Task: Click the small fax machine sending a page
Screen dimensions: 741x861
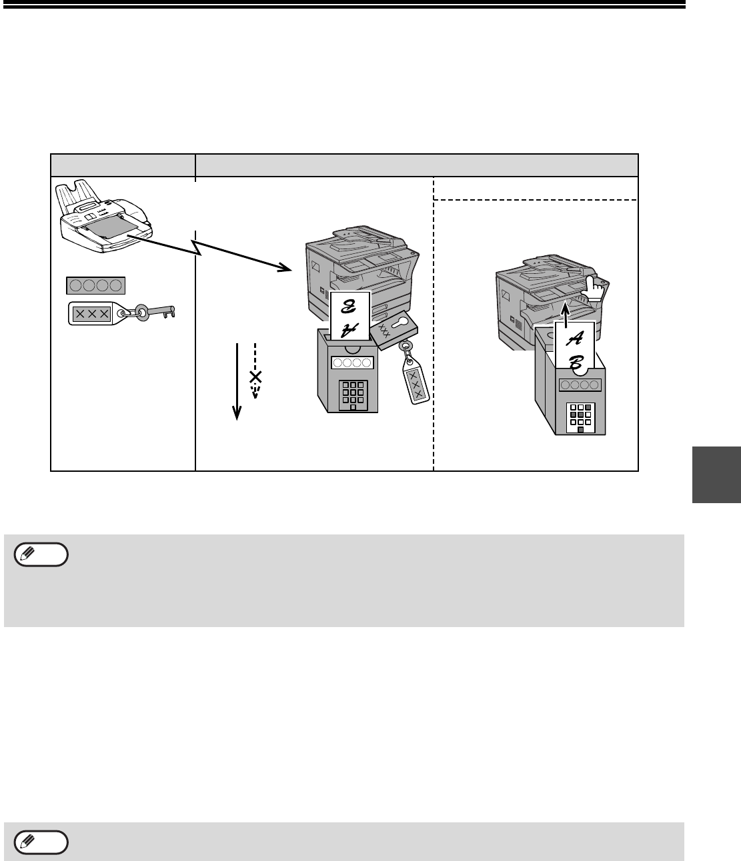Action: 103,217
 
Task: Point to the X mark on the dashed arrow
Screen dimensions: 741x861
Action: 255,377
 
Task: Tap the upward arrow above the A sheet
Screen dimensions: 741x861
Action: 566,314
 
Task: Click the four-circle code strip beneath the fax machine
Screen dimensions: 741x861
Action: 96,285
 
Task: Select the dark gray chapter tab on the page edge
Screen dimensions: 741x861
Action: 716,474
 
